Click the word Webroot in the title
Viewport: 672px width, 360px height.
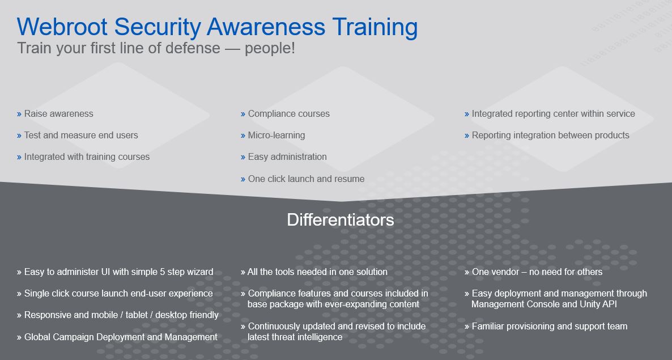[62, 27]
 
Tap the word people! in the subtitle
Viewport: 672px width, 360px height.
[270, 48]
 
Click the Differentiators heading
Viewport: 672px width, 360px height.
[341, 220]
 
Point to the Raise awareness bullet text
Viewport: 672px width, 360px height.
[59, 113]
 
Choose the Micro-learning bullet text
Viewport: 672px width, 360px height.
[277, 135]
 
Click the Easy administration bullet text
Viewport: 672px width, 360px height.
[287, 157]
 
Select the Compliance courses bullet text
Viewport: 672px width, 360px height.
[289, 114]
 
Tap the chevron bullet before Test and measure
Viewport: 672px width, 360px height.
[19, 136]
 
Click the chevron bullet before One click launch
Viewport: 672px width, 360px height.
[243, 180]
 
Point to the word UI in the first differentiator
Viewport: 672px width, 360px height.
[105, 272]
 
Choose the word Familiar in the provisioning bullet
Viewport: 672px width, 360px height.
[488, 327]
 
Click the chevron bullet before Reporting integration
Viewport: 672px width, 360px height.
[467, 136]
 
